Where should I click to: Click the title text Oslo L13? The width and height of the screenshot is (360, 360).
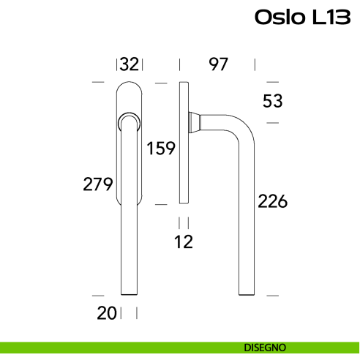(x=302, y=17)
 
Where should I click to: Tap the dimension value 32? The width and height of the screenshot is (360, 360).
(x=130, y=64)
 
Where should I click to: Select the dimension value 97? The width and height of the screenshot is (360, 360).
(x=218, y=64)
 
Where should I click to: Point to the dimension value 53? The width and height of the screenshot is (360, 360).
(x=272, y=101)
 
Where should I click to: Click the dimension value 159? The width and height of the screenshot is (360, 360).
(x=160, y=149)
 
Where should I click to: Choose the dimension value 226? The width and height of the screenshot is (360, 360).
(x=272, y=200)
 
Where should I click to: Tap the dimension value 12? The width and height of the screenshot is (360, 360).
(x=184, y=241)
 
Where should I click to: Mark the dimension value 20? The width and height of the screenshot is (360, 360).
(x=107, y=313)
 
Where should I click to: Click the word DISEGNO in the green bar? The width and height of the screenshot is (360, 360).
(x=265, y=347)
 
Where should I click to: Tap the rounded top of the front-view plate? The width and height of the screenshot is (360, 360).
(x=129, y=88)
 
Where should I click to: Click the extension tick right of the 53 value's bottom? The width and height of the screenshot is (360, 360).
(x=272, y=122)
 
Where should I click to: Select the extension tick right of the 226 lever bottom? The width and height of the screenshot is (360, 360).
(x=272, y=295)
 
